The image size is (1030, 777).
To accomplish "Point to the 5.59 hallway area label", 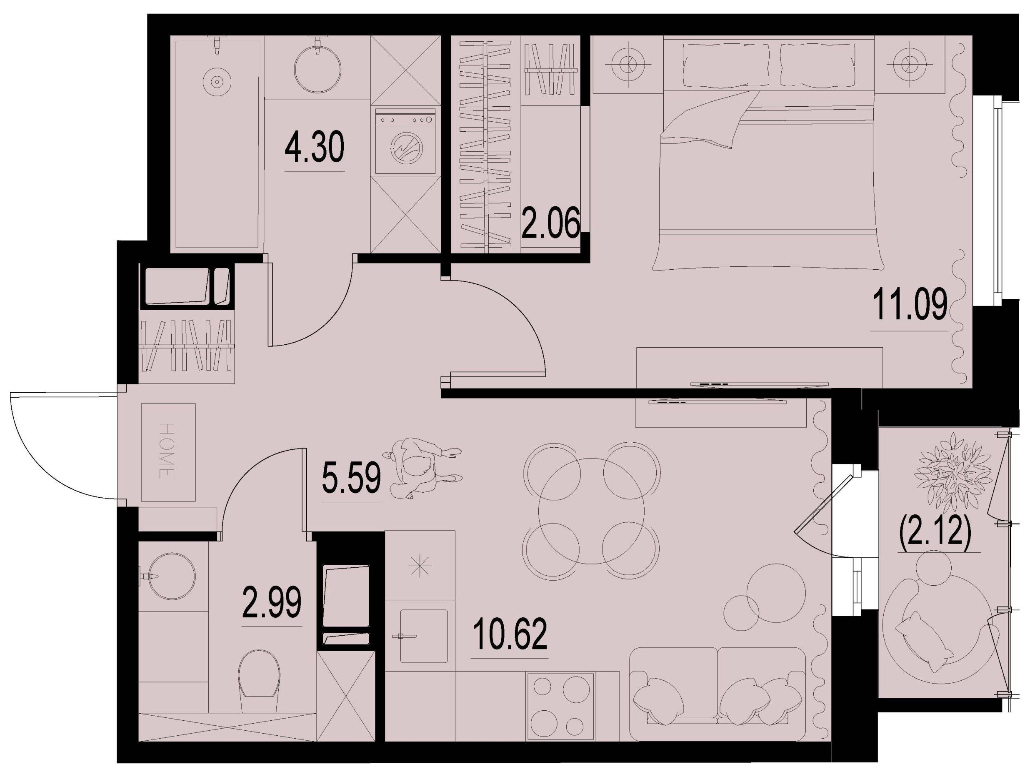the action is [x=352, y=480].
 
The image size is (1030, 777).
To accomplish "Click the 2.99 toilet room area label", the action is [x=272, y=603].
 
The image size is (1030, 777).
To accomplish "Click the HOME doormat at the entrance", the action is [x=168, y=452].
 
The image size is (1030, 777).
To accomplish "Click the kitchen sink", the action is [x=423, y=637].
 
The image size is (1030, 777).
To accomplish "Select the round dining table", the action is [x=591, y=511].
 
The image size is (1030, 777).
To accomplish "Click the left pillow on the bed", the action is [x=726, y=64].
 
